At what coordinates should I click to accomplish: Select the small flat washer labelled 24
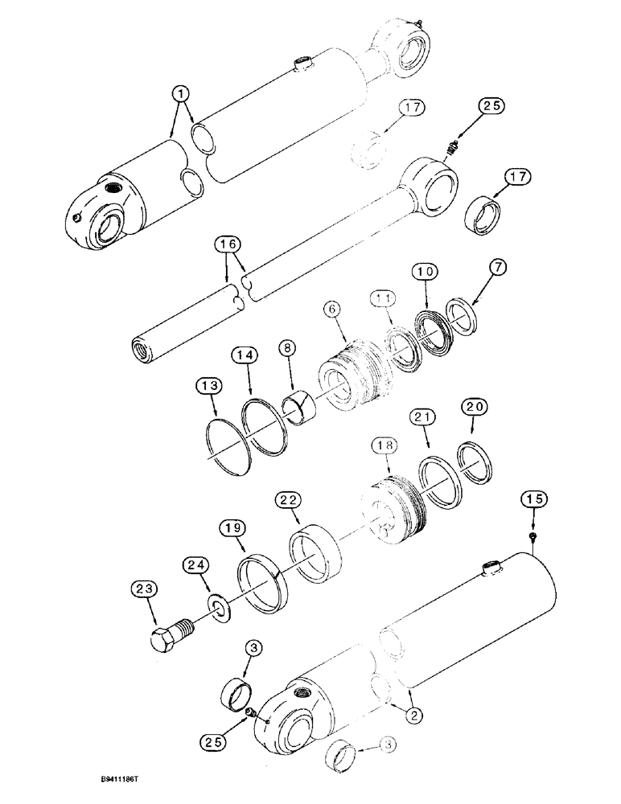216,604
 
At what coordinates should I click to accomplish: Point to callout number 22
289,499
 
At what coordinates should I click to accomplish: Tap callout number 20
474,408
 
